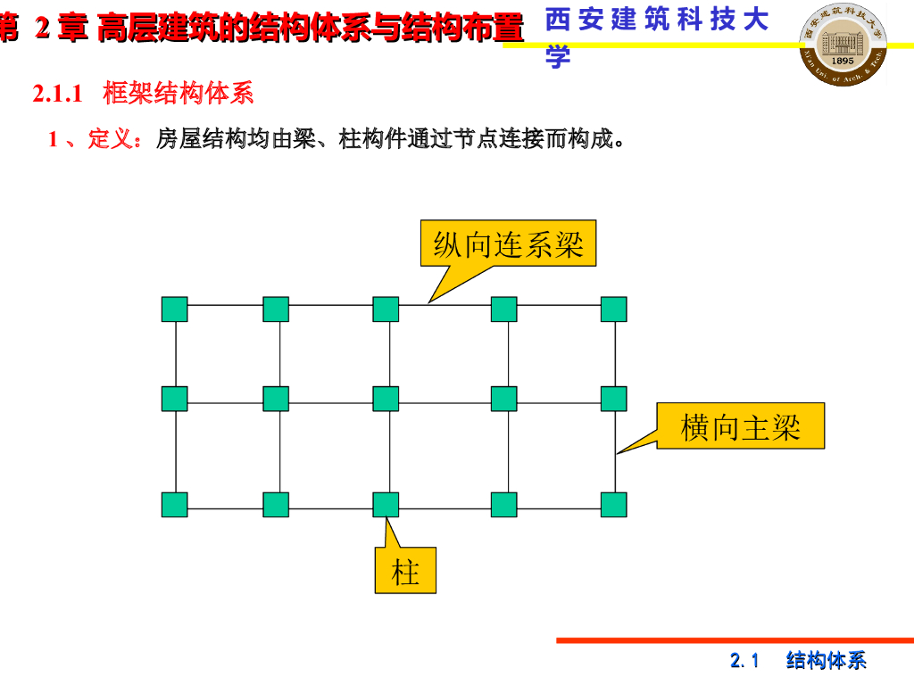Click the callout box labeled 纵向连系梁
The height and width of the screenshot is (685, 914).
pyautogui.click(x=508, y=243)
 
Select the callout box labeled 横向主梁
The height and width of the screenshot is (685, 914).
pyautogui.click(x=740, y=426)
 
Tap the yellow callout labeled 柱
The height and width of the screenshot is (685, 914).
pyautogui.click(x=405, y=571)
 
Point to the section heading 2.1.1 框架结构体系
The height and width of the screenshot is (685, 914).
pyautogui.click(x=144, y=93)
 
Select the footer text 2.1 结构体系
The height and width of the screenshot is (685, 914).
pyautogui.click(x=798, y=661)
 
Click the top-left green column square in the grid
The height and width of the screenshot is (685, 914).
pyautogui.click(x=174, y=309)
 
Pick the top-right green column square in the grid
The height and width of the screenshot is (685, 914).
pyautogui.click(x=613, y=309)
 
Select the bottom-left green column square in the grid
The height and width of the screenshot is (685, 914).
pyautogui.click(x=174, y=505)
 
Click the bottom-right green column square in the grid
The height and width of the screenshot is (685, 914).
pyautogui.click(x=613, y=505)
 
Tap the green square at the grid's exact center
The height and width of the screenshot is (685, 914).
pyautogui.click(x=386, y=399)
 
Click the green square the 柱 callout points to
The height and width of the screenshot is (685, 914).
pyautogui.click(x=386, y=505)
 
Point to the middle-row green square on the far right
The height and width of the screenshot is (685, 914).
pyautogui.click(x=613, y=399)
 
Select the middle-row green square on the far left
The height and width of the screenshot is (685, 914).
pyautogui.click(x=174, y=399)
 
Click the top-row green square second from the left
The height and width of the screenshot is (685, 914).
pyautogui.click(x=276, y=309)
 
